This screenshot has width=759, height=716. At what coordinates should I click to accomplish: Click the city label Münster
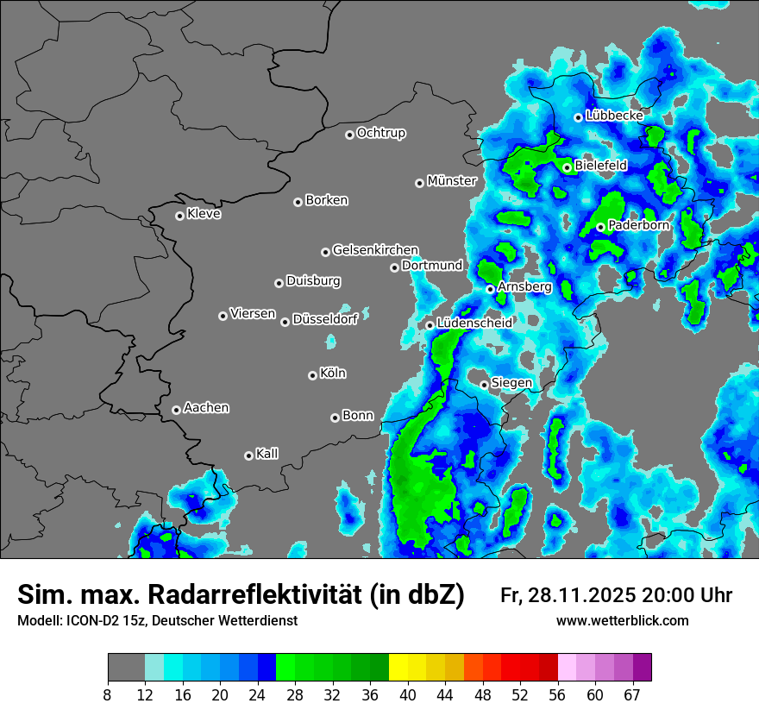[452, 181]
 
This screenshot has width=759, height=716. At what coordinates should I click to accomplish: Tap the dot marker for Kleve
[179, 216]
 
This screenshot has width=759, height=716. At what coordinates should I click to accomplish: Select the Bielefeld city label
[601, 165]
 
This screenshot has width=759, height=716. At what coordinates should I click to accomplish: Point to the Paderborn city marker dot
[600, 227]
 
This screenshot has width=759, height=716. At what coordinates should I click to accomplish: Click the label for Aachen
[206, 408]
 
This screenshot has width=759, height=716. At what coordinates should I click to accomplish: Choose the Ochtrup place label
[381, 133]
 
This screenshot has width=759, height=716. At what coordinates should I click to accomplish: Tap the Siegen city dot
[484, 385]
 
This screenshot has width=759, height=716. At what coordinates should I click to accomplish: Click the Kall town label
[267, 454]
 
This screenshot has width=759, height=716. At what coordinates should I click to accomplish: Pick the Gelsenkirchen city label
[375, 250]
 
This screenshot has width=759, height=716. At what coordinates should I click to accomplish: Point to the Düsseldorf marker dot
[285, 322]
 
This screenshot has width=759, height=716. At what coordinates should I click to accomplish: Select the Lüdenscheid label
[474, 323]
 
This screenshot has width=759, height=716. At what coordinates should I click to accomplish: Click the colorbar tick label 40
[408, 695]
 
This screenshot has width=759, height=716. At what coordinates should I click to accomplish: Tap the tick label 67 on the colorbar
[632, 695]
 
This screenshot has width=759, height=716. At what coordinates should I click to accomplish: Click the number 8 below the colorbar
[108, 695]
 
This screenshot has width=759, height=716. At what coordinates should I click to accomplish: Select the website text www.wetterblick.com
[623, 621]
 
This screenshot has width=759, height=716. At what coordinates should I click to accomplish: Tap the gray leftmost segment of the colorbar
[126, 668]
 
